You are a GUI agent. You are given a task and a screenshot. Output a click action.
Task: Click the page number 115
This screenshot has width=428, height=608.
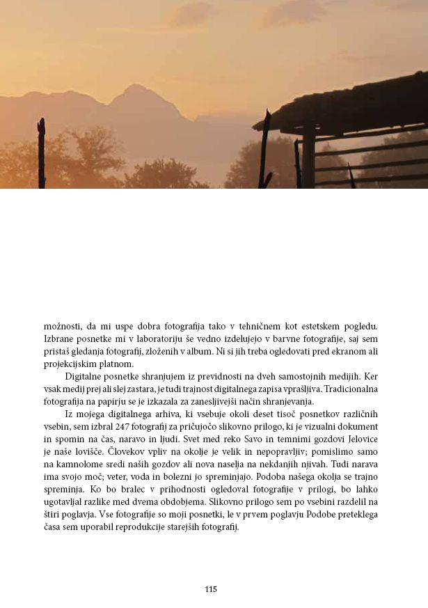(211, 589)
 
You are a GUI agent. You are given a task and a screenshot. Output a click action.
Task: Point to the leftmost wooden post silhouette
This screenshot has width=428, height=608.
(42, 153)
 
